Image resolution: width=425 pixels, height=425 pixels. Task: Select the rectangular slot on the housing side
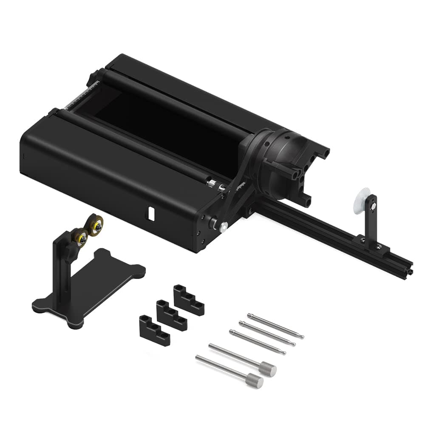click(x=150, y=213)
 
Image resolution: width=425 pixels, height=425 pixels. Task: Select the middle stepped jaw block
click(x=171, y=315)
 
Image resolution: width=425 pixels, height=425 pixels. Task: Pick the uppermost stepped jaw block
click(x=188, y=300)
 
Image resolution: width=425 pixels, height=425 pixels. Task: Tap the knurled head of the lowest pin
click(x=255, y=380)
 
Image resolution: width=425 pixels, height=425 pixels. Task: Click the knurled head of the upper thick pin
click(x=268, y=368)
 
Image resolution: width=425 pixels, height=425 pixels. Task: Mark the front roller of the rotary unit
click(x=136, y=144)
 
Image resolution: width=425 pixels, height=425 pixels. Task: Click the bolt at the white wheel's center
click(x=372, y=207)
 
